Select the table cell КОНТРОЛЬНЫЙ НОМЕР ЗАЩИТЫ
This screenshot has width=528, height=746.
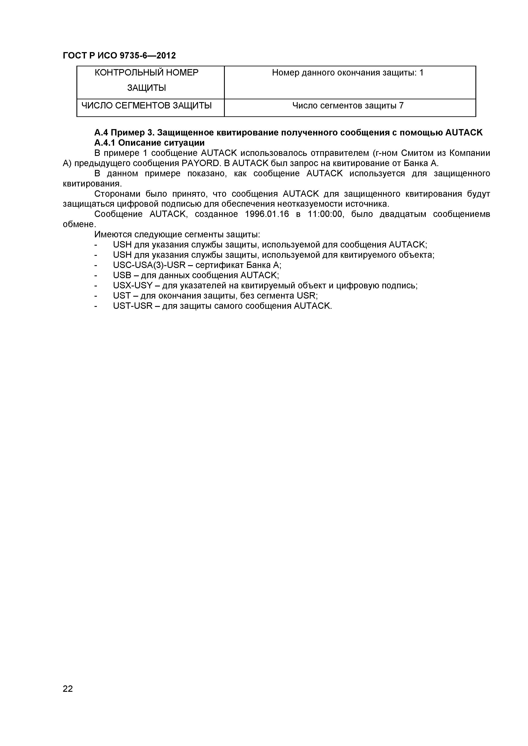pyautogui.click(x=146, y=80)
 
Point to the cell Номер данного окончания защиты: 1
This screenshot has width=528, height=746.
pyautogui.click(x=348, y=73)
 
